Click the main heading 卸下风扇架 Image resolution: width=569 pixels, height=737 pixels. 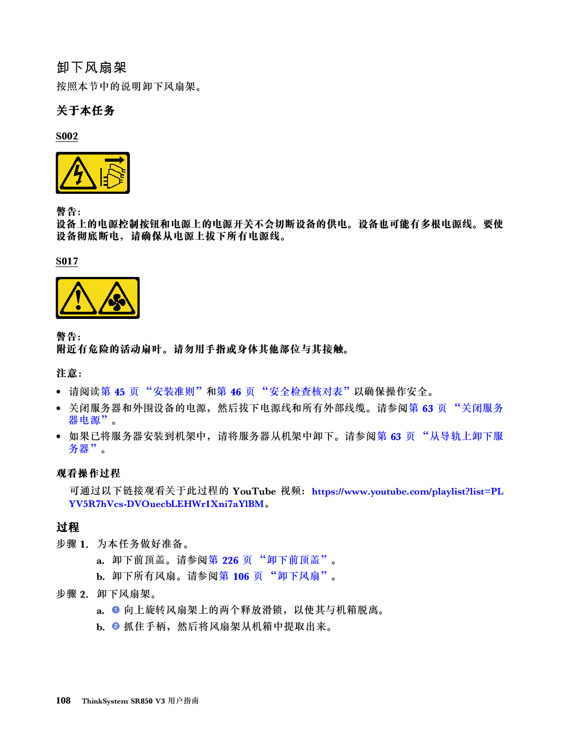91,67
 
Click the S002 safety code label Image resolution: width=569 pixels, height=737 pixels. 67,136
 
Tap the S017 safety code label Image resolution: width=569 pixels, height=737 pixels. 67,261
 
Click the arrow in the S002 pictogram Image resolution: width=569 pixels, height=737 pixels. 115,160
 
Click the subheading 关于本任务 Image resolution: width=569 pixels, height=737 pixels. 85,111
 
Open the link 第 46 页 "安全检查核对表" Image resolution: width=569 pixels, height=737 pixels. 283,391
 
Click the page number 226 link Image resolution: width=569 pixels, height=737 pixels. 230,560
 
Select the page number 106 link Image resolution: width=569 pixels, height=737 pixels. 241,576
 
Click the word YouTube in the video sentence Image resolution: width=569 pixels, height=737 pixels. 254,491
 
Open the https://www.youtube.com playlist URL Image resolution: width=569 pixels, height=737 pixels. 286,498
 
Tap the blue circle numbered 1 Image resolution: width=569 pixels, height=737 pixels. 116,610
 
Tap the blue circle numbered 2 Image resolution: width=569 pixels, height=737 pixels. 116,626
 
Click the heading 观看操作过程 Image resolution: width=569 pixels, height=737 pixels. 88,473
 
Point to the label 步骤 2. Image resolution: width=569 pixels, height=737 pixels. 72,594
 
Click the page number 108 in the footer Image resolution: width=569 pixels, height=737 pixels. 63,701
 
